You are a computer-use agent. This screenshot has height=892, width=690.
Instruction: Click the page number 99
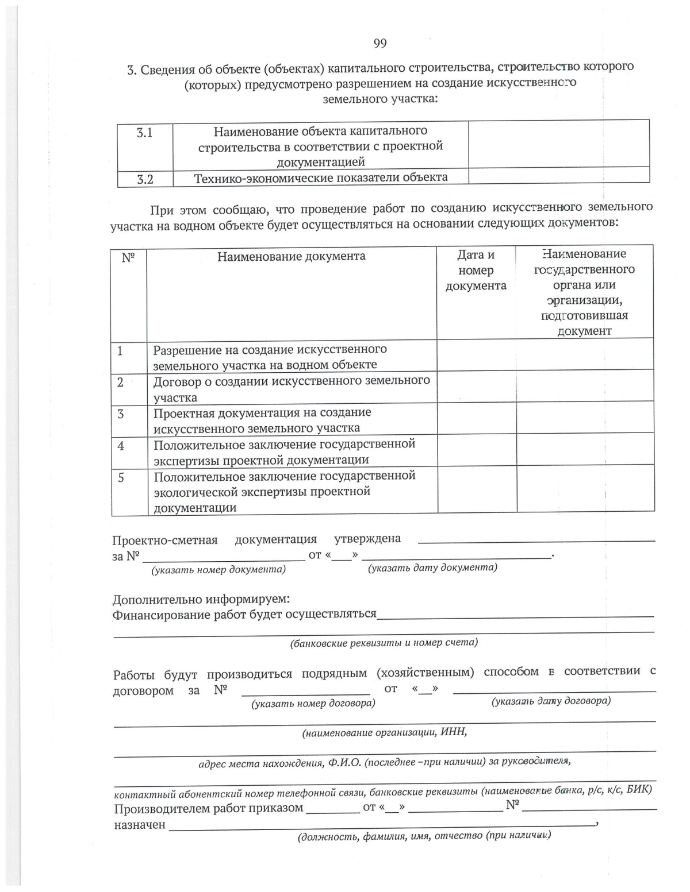point(380,44)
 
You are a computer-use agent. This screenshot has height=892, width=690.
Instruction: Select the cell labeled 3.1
point(145,133)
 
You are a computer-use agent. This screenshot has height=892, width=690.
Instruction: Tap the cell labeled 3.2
point(145,179)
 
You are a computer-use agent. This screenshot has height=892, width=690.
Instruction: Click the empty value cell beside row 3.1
point(558,144)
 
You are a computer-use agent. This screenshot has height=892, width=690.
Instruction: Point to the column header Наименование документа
point(291,256)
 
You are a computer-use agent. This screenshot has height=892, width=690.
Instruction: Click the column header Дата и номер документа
point(476,270)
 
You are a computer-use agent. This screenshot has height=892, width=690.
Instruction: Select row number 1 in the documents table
point(120,350)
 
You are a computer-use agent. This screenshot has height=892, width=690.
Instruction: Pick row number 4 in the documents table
point(121,445)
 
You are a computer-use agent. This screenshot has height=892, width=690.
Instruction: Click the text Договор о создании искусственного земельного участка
point(291,389)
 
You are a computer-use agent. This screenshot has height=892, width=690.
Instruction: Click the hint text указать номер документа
point(218,570)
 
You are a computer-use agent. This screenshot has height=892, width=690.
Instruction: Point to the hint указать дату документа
point(432,567)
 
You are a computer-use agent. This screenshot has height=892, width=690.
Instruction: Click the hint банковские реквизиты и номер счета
point(384,643)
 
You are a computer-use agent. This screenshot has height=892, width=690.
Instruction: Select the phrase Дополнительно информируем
point(201,600)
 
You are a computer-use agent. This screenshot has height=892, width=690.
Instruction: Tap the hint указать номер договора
point(313,703)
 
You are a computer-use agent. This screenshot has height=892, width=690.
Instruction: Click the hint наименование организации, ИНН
point(384,732)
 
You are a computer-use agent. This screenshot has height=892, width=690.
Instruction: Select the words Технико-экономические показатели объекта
point(320,178)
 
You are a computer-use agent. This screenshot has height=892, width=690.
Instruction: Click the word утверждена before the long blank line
point(367,539)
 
